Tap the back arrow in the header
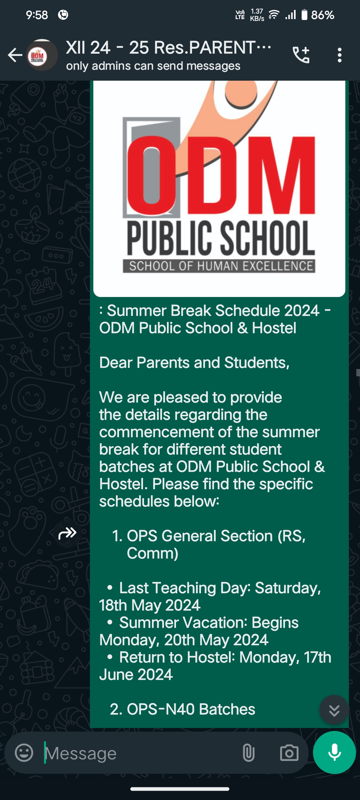[15, 55]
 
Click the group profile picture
[42, 55]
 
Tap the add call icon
[301, 55]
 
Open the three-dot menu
[339, 55]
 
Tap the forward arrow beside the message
[67, 533]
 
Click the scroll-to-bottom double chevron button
[334, 710]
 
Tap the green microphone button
[334, 752]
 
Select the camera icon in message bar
[289, 753]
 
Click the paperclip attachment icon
[249, 753]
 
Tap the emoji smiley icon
[24, 753]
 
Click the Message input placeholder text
[81, 753]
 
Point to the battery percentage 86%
[322, 15]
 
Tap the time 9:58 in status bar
[37, 15]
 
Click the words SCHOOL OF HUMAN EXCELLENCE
[221, 266]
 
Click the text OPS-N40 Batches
[191, 709]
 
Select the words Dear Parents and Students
[194, 363]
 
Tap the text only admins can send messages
[153, 66]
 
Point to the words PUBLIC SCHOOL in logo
[221, 237]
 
